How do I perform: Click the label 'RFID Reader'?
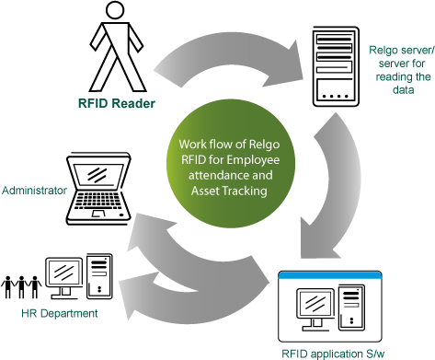click(115, 103)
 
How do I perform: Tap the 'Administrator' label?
click(34, 190)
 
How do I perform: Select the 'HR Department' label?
click(59, 314)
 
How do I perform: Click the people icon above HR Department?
click(23, 287)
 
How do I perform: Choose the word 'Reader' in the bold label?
click(134, 103)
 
